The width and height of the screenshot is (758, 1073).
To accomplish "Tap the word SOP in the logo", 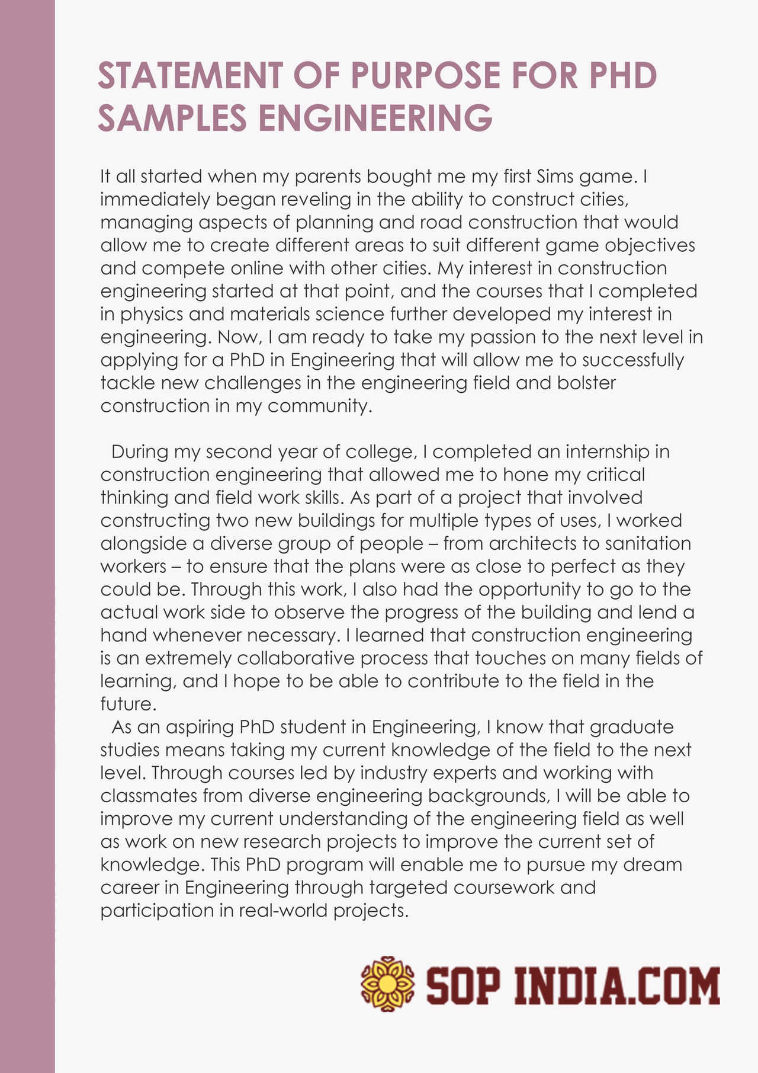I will tap(465, 986).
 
